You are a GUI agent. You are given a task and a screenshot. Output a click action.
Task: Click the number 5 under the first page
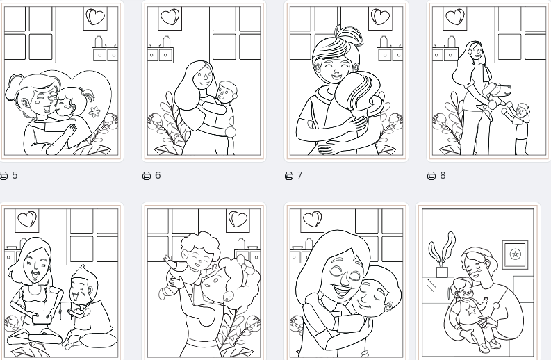15,175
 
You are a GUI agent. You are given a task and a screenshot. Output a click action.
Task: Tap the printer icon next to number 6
147,175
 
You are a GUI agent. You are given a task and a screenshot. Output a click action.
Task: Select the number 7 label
299,175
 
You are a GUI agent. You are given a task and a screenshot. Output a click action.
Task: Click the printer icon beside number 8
431,175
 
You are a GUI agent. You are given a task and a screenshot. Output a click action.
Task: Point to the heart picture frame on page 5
96,18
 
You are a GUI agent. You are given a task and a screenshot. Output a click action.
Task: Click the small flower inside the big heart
94,112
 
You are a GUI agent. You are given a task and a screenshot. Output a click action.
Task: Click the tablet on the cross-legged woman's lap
41,318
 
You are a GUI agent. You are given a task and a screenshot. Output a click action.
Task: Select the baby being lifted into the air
189,264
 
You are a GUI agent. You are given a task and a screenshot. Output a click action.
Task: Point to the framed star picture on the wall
515,254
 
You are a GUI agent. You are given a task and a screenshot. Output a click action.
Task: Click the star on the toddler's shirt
470,310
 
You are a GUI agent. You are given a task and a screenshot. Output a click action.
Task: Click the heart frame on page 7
381,18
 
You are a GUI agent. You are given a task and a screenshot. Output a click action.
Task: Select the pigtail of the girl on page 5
89,95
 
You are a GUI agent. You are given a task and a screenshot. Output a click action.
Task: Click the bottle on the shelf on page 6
166,42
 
